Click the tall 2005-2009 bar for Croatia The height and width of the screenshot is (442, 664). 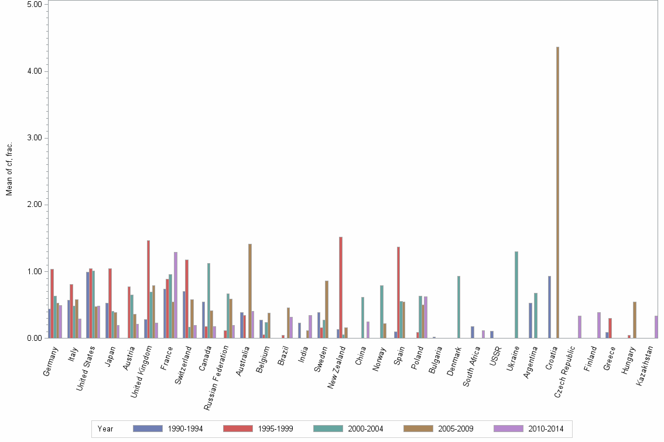[x=557, y=192]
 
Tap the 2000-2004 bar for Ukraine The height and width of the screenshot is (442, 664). [x=516, y=295]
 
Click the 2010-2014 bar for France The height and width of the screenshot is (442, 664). [x=175, y=295]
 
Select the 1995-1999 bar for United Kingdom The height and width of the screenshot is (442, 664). [x=148, y=289]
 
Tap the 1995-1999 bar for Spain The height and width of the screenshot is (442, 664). [x=398, y=292]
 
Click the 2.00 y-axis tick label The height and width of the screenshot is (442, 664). [x=35, y=205]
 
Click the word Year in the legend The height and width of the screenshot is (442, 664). [x=106, y=429]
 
